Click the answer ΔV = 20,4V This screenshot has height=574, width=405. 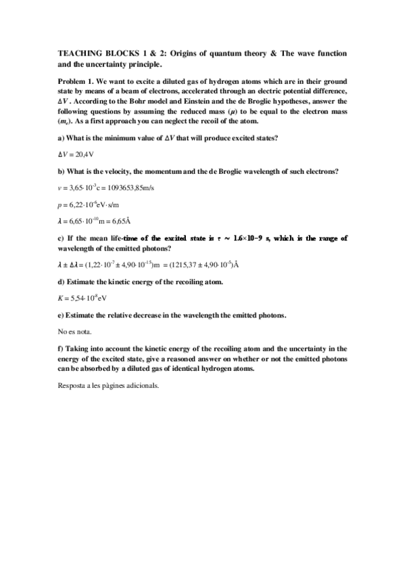(75, 155)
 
